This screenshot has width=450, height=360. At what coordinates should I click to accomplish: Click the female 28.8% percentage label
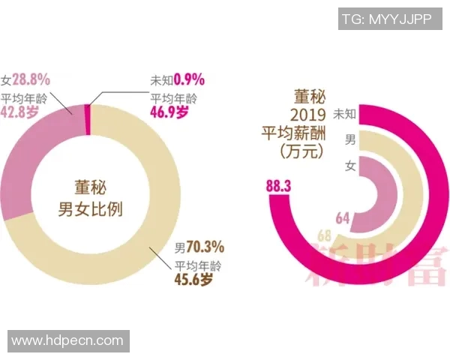click(31, 77)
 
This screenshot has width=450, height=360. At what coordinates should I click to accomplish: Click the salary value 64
click(343, 218)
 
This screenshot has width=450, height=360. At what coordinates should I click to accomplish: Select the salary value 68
click(325, 236)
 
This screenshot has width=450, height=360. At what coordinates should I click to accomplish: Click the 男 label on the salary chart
click(349, 139)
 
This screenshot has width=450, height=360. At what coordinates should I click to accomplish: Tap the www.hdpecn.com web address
click(67, 341)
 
